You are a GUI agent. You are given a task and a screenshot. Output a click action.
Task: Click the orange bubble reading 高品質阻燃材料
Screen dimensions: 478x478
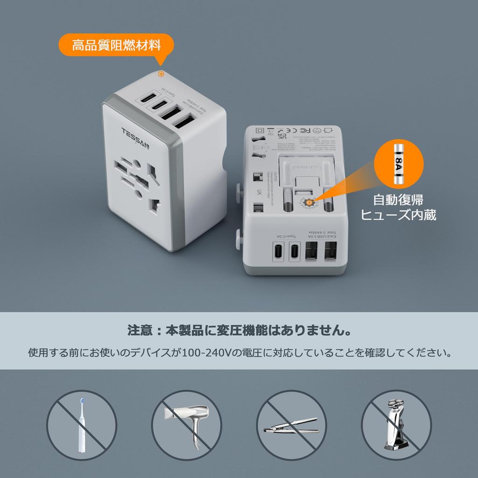116,45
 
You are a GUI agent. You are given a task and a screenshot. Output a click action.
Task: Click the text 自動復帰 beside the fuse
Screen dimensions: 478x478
398,200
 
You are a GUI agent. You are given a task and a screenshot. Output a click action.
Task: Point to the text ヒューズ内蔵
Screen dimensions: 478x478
398,215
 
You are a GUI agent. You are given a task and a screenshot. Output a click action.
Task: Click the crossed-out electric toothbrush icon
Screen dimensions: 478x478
82,425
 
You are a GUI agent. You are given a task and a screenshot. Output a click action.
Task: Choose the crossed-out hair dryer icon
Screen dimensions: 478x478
186,425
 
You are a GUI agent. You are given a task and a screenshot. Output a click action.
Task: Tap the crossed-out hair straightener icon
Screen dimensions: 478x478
291,425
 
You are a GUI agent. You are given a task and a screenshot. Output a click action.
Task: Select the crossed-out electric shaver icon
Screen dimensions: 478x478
396,425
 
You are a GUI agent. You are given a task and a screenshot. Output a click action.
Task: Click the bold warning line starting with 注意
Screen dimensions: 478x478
239,331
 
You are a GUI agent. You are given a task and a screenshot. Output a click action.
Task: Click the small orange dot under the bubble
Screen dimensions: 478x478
161,74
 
